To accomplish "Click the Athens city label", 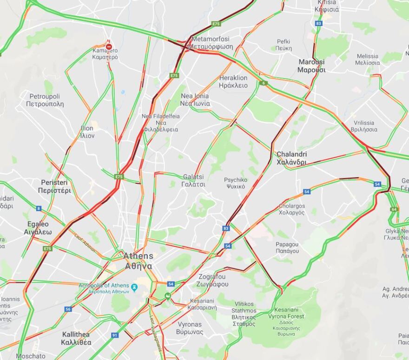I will [138, 260].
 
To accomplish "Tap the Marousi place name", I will [311, 66].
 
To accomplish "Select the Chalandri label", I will [291, 158].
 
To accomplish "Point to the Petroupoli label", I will [45, 100].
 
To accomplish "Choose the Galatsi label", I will [194, 180].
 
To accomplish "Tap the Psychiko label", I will [235, 183].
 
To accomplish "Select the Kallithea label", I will [76, 338].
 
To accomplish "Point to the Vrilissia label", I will [364, 126].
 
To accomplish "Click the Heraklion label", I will [233, 81].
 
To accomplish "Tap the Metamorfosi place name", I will [212, 43].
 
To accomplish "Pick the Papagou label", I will [287, 247].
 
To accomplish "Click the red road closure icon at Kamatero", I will [109, 47].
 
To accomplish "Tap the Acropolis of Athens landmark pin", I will [134, 287].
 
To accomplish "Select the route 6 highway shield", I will [264, 83].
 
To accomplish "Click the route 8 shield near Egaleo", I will [39, 208].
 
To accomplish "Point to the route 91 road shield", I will [115, 335].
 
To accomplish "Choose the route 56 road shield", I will [68, 309].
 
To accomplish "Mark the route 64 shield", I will [394, 209].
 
